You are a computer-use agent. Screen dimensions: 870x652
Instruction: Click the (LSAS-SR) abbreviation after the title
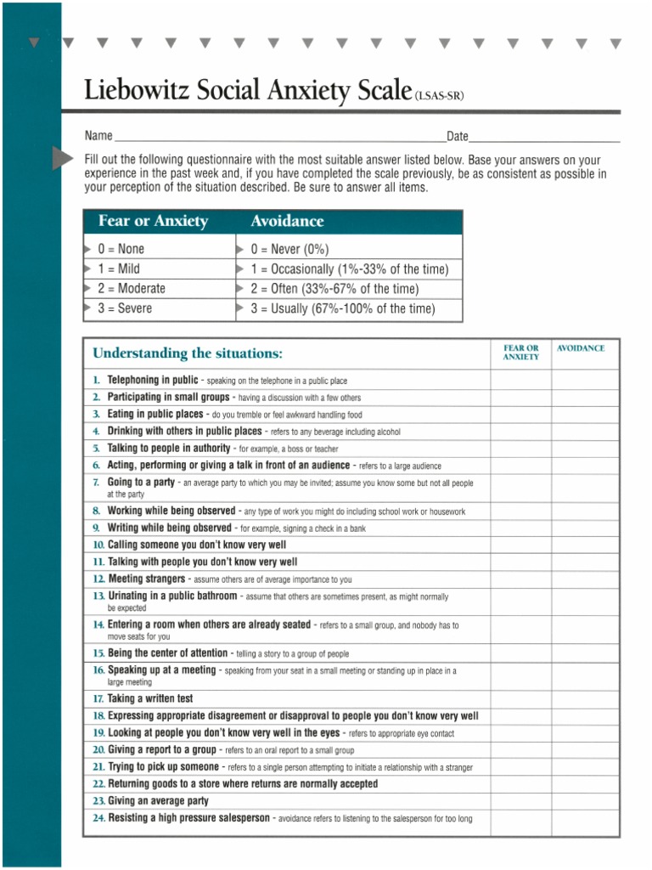pos(439,96)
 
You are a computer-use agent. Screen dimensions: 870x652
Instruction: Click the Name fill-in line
pos(279,138)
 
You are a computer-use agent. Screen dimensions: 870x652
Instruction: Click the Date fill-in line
pos(543,138)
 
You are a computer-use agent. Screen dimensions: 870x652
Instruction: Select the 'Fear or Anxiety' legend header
pos(153,221)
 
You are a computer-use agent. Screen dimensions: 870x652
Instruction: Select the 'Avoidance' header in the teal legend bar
pos(287,221)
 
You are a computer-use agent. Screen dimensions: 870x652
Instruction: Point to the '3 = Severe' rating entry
pos(125,308)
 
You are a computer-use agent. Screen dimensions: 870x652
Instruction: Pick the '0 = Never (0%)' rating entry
pos(289,249)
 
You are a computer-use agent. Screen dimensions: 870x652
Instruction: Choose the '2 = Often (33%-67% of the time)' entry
pos(334,289)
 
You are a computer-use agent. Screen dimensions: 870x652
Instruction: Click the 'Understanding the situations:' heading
pos(188,353)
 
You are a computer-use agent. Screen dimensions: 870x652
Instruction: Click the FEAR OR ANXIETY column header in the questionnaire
pos(520,353)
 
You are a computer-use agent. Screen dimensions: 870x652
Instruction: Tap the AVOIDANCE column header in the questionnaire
pos(581,348)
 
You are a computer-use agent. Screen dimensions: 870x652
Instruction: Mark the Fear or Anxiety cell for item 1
pos(520,380)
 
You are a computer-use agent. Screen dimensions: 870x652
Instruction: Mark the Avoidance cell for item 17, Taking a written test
pos(585,698)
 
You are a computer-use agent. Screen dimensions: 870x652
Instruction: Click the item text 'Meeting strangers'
pos(146,579)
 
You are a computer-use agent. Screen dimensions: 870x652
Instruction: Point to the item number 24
pos(98,818)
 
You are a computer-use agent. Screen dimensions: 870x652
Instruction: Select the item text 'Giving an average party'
pos(158,801)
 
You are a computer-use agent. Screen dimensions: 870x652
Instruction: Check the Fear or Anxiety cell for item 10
pos(520,545)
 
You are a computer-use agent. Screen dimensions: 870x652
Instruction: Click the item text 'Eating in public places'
pos(155,414)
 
